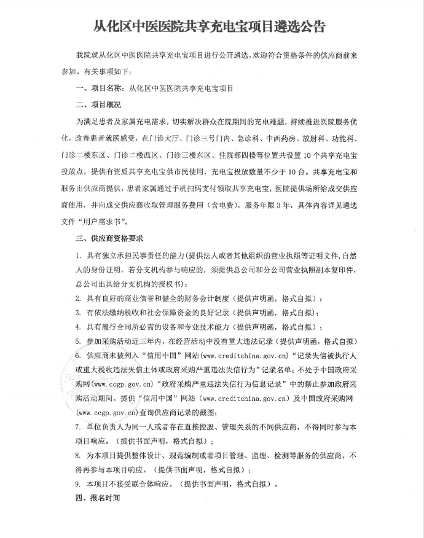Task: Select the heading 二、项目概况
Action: (98, 104)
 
